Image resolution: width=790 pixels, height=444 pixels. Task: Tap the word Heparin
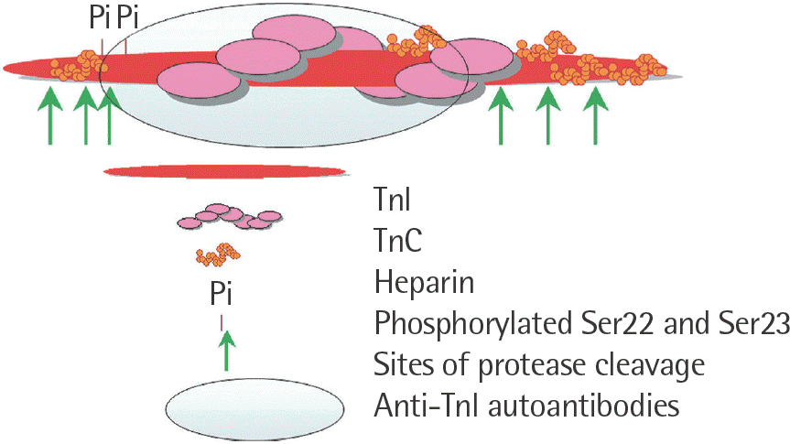pos(424,282)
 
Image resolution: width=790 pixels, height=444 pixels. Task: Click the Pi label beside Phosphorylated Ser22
pos(221,295)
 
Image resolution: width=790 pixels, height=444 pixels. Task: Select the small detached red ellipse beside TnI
pos(224,171)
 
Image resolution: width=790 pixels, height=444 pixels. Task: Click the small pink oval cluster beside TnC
pos(229,218)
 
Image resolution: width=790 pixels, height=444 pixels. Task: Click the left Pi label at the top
pos(100,19)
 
